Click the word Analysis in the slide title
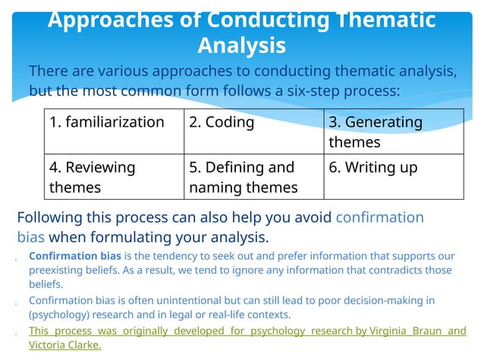pyautogui.click(x=241, y=46)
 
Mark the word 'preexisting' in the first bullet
pyautogui.click(x=57, y=270)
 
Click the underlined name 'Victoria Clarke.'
pyautogui.click(x=64, y=346)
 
